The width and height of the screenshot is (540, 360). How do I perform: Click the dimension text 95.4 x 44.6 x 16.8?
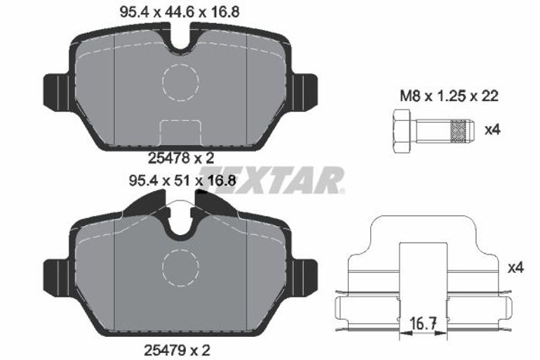coord(179,12)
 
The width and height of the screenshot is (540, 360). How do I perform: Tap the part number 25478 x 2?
coord(181,158)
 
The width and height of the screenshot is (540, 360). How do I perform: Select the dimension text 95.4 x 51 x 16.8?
coord(182,180)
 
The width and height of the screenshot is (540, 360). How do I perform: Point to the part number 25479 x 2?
coord(177,350)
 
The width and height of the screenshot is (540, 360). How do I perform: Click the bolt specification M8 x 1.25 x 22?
coord(449,96)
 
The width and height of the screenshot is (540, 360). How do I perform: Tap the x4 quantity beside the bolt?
coord(492,130)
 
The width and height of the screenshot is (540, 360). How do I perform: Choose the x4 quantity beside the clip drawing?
coord(515,267)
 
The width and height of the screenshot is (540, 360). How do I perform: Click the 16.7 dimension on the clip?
coord(424,324)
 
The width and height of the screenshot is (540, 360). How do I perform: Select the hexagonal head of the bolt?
coord(401,131)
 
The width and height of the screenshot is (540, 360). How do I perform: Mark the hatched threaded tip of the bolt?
coord(461,131)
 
